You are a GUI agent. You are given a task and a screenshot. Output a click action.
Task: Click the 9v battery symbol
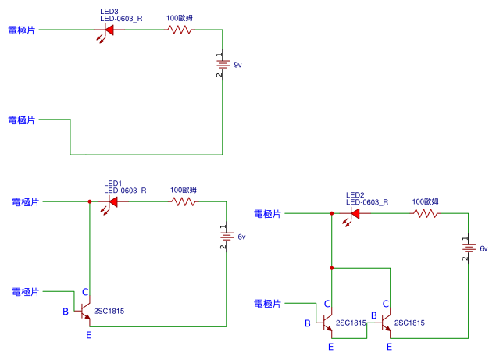[x=223, y=65]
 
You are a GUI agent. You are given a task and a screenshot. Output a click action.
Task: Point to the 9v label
[x=237, y=65]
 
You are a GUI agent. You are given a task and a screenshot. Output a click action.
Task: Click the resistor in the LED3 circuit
[x=180, y=30]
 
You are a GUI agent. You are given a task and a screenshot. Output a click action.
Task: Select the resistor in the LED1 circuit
[x=184, y=201]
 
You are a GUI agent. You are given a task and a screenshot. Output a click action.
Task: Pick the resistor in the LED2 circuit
[x=426, y=213]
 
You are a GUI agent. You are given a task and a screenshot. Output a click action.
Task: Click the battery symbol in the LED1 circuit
[x=227, y=237]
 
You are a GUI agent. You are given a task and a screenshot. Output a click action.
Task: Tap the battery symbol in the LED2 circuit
[x=468, y=248]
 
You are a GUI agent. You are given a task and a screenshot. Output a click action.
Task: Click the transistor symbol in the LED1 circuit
[x=84, y=311]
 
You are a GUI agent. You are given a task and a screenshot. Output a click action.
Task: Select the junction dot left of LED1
[x=90, y=201]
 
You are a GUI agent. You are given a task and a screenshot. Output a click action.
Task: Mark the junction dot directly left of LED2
[x=331, y=213]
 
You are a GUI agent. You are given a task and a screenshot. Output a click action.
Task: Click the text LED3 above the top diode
[x=109, y=12]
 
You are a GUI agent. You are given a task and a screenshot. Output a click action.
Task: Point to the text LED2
[x=355, y=195]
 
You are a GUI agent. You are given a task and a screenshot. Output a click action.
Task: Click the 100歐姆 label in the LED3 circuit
[x=180, y=18]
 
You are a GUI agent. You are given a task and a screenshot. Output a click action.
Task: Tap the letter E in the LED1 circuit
[x=89, y=335]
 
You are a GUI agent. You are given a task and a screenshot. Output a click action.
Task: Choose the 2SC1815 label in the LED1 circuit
[x=109, y=312]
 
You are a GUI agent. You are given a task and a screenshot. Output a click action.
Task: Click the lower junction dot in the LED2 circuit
[x=331, y=268]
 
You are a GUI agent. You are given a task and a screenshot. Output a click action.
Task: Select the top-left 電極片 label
[x=22, y=30]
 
